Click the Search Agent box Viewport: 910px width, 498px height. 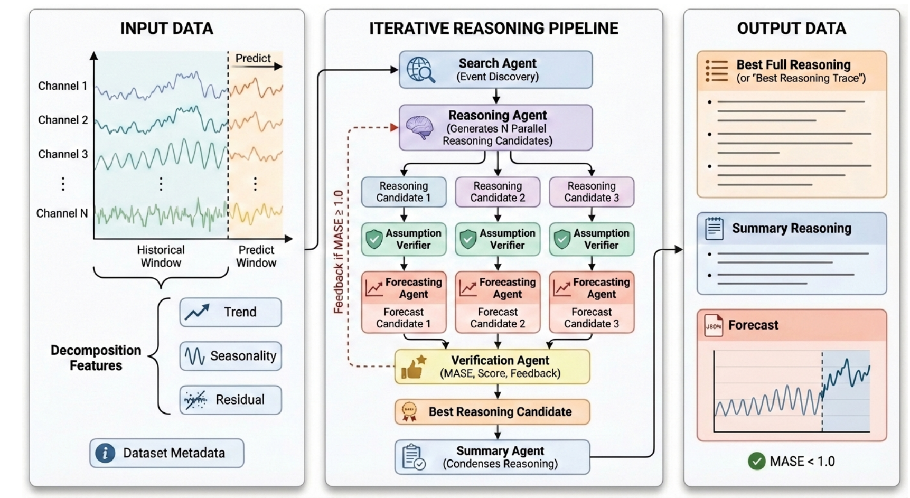[495, 70]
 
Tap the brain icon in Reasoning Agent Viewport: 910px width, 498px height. [419, 127]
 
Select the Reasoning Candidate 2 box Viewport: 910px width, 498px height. [498, 192]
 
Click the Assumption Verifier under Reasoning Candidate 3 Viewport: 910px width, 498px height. [592, 239]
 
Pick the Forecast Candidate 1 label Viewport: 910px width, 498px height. [404, 318]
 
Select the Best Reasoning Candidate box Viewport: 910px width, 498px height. [492, 412]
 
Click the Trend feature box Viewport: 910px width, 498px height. [230, 312]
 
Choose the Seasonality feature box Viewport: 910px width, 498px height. [230, 356]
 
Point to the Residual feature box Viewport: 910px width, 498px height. [230, 400]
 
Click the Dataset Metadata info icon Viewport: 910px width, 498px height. [105, 453]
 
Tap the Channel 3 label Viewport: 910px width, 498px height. [63, 154]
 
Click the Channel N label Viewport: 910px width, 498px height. [62, 213]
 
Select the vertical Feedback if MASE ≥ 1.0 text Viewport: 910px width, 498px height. [338, 252]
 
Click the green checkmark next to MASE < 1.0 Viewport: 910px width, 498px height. [756, 462]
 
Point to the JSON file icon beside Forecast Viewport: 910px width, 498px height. [714, 325]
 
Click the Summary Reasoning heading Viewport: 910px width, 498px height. [791, 228]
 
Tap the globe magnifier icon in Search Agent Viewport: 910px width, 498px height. [420, 70]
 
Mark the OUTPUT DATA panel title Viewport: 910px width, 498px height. [791, 29]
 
